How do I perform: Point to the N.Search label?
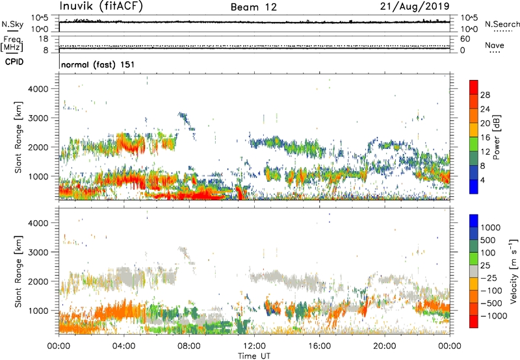(502, 24)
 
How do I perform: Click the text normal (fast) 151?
(97, 65)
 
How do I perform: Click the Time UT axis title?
(254, 356)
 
